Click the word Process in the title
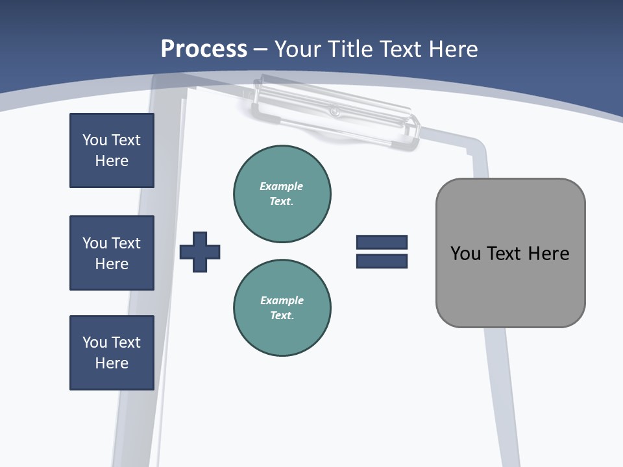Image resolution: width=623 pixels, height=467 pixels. coord(204,49)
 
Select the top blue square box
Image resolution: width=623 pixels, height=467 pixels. coord(112,150)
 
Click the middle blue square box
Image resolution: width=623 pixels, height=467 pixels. coord(112,253)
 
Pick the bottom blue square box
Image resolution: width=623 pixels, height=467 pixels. coord(112,353)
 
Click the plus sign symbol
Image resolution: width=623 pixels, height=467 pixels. coord(200,252)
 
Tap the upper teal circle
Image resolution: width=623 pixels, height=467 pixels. coord(282,194)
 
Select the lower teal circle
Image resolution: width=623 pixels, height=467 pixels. coord(282,308)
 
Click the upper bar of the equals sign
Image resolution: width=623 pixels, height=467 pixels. coord(382,242)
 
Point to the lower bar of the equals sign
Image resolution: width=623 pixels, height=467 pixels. coord(382,261)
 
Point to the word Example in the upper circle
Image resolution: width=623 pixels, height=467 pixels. coord(281,186)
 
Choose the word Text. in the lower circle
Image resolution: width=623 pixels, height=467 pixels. coord(282,316)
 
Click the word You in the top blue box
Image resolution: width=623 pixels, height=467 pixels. coord(94,140)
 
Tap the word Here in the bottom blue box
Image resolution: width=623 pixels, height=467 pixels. coord(112,363)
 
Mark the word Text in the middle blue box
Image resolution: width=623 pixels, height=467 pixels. coord(126,243)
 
